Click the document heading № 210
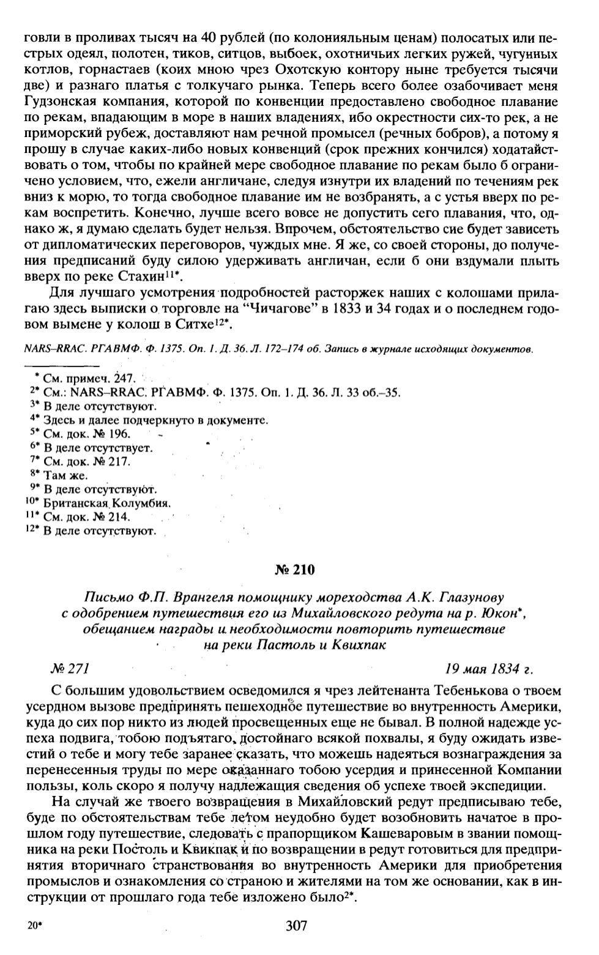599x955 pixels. coord(295,570)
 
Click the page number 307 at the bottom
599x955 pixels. coord(296,926)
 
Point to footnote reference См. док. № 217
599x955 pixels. coord(86,462)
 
